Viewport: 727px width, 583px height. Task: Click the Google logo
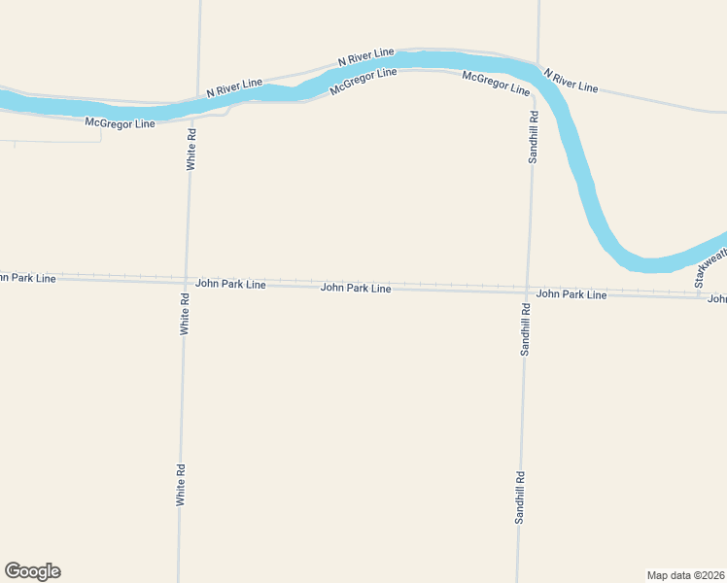32,571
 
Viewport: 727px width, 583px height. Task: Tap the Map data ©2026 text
685,575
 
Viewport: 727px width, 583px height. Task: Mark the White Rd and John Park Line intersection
185,282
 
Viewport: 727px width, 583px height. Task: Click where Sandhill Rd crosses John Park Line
526,291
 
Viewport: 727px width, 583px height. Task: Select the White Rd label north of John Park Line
191,149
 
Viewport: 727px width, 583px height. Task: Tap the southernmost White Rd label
181,484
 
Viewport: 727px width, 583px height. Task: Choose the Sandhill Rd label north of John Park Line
533,137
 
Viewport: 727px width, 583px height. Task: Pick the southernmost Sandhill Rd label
520,497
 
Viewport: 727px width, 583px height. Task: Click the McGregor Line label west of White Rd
120,123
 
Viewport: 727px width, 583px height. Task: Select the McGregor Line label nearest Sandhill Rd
496,83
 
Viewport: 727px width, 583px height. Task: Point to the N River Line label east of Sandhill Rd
571,81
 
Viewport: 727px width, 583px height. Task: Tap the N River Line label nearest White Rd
234,87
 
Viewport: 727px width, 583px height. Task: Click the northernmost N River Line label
366,56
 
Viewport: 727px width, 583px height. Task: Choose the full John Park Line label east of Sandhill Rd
571,293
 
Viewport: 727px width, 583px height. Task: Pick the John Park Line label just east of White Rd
230,284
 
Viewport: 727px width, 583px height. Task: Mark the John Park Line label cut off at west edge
27,278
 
